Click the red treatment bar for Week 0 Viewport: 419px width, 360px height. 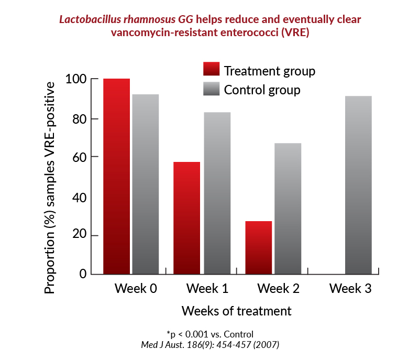pyautogui.click(x=116, y=177)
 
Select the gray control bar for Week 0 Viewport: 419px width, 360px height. pyautogui.click(x=146, y=184)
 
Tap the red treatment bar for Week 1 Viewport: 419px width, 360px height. pyautogui.click(x=187, y=218)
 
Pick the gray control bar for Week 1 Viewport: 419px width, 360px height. pyautogui.click(x=217, y=193)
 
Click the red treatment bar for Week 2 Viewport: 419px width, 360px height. pyautogui.click(x=259, y=248)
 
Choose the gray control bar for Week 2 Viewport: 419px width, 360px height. pyautogui.click(x=288, y=209)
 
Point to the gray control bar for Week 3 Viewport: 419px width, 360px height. pyautogui.click(x=359, y=185)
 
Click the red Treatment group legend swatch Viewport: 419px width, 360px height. pyautogui.click(x=212, y=69)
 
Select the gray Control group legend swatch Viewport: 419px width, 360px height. pyautogui.click(x=212, y=89)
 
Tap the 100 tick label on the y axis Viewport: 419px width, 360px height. pyautogui.click(x=76, y=79)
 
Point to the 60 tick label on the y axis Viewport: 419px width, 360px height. pyautogui.click(x=80, y=157)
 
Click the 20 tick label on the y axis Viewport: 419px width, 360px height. pyautogui.click(x=80, y=234)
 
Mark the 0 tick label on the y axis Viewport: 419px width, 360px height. pyautogui.click(x=83, y=274)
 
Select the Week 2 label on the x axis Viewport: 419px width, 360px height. pyautogui.click(x=279, y=289)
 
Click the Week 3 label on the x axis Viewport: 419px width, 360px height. pyautogui.click(x=350, y=289)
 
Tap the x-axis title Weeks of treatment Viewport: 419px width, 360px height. pyautogui.click(x=237, y=311)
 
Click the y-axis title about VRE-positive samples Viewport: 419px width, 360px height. pyautogui.click(x=50, y=188)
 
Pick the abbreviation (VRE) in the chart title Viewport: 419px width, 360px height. pyautogui.click(x=295, y=32)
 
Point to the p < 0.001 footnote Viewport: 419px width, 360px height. pyautogui.click(x=210, y=334)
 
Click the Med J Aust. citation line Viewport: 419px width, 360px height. pyautogui.click(x=210, y=345)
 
